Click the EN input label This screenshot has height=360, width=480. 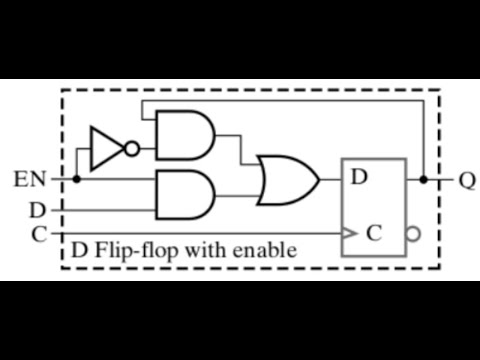pos(29,181)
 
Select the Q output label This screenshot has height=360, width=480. pos(466,181)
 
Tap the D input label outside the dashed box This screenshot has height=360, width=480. pos(38,210)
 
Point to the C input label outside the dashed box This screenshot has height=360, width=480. pos(38,234)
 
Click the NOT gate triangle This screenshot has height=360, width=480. pos(104,147)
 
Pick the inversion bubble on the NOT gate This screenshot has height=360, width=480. pos(131,148)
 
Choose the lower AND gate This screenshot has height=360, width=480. pos(183,195)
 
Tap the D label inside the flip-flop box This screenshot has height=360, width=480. pos(359,178)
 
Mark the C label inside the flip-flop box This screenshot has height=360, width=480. pos(373,234)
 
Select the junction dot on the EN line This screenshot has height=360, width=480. pos(76,180)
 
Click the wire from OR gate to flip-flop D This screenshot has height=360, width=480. pos(331,180)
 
